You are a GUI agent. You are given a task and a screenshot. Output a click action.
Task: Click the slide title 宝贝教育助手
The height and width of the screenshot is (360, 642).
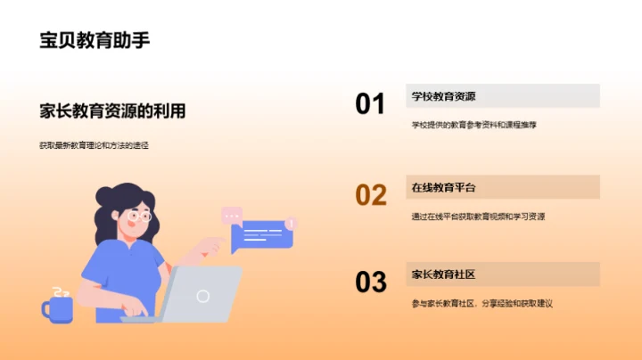click(x=95, y=41)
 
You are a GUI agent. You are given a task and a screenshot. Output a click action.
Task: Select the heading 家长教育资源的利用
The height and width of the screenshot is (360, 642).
click(x=112, y=111)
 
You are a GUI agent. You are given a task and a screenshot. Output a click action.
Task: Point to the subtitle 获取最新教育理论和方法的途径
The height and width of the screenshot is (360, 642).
click(x=94, y=144)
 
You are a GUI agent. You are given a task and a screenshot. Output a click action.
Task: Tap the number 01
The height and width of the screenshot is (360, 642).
click(x=370, y=104)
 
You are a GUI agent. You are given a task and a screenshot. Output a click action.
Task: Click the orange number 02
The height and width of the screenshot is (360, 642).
click(x=370, y=194)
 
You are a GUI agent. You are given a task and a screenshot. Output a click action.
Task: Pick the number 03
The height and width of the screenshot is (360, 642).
click(x=370, y=282)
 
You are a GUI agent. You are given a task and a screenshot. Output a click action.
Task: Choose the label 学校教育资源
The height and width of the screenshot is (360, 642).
click(x=443, y=96)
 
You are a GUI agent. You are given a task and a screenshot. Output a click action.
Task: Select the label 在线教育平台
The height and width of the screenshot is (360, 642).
click(x=443, y=187)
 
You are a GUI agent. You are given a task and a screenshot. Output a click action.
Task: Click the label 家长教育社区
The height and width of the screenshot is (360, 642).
click(x=443, y=274)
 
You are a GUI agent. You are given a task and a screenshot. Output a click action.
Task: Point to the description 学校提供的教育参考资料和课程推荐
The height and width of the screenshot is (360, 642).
click(x=473, y=125)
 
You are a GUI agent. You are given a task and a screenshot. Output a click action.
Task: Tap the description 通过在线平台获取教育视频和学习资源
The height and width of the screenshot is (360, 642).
click(x=478, y=216)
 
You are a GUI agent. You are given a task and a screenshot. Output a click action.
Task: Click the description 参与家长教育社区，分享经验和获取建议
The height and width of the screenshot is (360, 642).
click(x=482, y=303)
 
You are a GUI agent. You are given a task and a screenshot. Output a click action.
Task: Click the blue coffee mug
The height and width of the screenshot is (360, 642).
click(x=58, y=308)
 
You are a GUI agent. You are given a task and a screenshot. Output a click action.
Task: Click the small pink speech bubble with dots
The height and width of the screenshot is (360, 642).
click(x=232, y=215)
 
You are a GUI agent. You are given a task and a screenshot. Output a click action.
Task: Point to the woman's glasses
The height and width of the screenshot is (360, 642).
click(x=139, y=216)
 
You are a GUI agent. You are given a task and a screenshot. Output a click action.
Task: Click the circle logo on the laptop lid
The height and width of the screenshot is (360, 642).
click(x=203, y=296)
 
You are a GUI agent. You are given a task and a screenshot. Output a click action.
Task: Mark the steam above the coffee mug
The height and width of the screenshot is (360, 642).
click(x=61, y=291)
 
